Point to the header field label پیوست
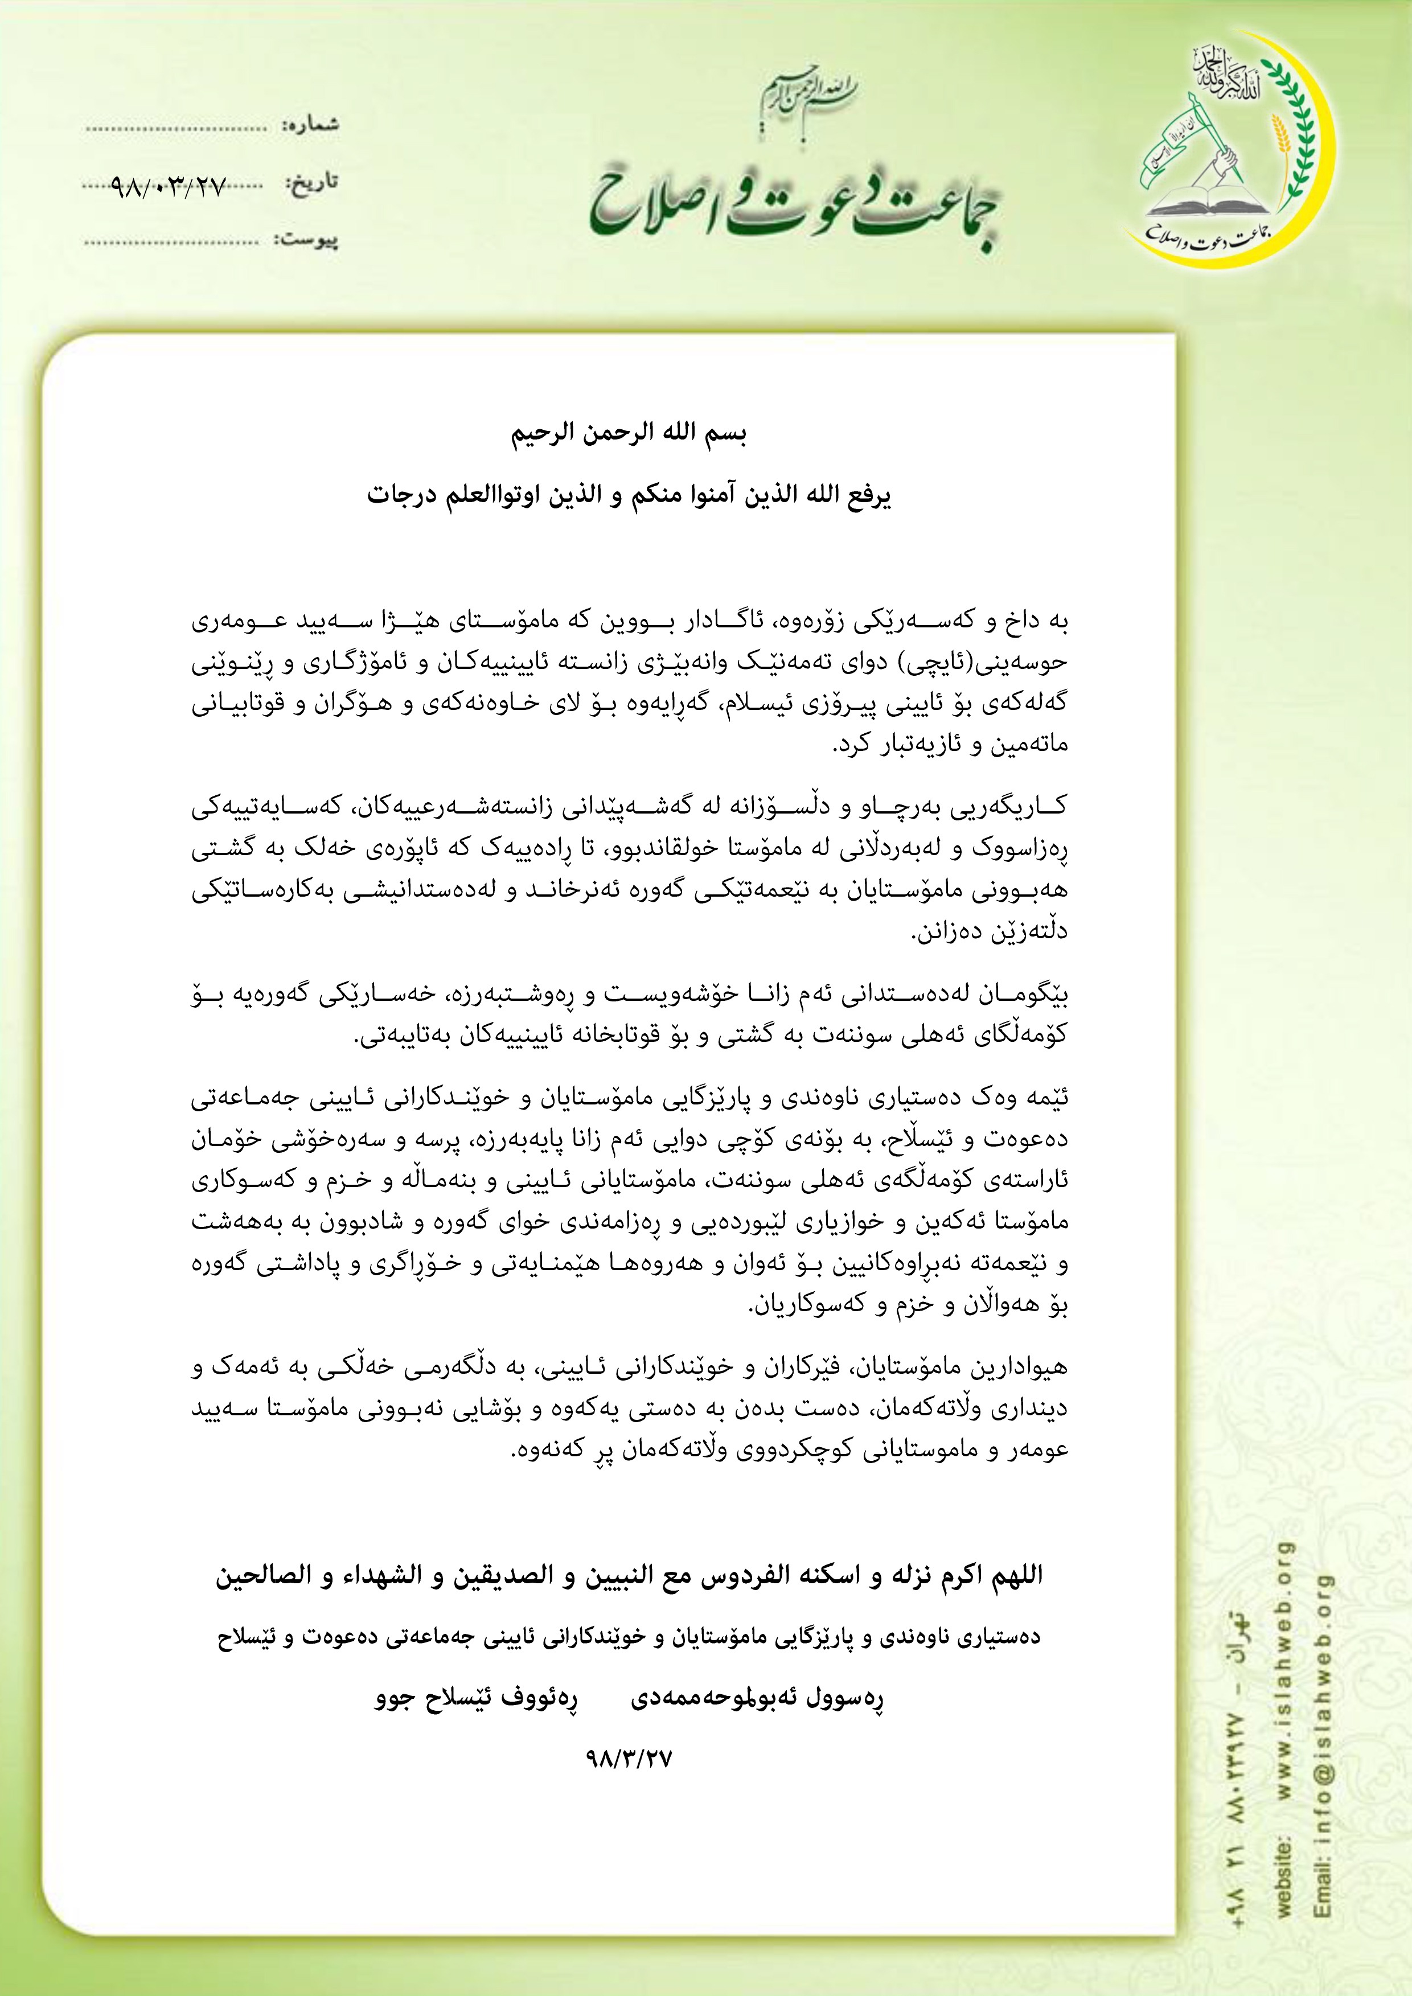308,239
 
